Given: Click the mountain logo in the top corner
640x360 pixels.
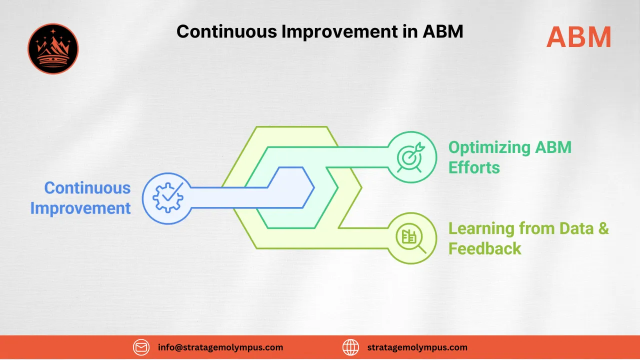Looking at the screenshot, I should tap(53, 49).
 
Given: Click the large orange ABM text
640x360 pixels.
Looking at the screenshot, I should tap(578, 37).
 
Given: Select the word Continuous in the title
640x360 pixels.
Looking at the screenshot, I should tap(226, 31).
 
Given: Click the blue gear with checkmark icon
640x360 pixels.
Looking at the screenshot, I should tap(167, 198).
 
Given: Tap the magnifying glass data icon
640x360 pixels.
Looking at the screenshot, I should tap(412, 238).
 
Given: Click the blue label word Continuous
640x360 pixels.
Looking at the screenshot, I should tap(87, 188).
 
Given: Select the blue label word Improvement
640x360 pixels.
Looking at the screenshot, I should tap(80, 208).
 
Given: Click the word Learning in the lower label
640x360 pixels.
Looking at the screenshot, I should tap(481, 228).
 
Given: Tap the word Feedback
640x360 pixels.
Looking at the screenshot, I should tap(484, 248).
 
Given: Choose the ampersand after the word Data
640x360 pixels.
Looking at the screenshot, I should tap(603, 228).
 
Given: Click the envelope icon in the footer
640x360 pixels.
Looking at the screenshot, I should tap(141, 347).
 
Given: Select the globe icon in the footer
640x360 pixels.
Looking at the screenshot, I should tap(350, 347).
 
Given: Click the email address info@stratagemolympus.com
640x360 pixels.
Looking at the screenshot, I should tap(220, 347).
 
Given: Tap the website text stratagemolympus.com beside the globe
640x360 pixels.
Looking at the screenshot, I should tap(417, 347).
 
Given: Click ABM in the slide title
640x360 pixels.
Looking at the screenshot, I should tap(443, 31).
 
